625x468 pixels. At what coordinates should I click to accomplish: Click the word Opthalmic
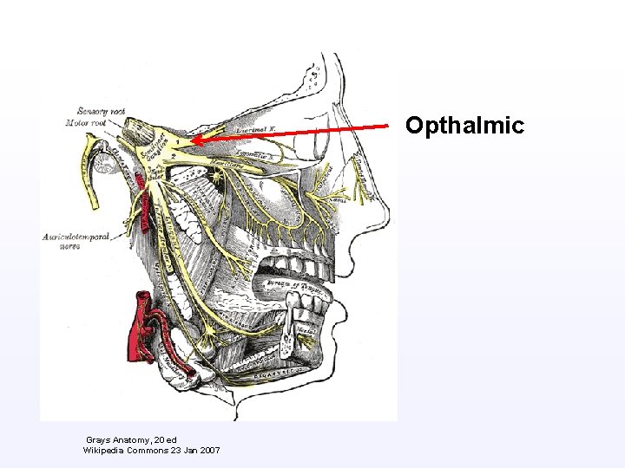(464, 127)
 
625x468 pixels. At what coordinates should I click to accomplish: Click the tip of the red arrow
(193, 140)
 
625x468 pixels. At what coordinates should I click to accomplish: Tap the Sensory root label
(102, 111)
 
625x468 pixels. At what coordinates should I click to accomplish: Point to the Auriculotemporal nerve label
(76, 241)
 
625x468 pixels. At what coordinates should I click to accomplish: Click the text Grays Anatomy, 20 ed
(131, 440)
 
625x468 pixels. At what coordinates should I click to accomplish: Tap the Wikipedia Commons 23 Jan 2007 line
(151, 451)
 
